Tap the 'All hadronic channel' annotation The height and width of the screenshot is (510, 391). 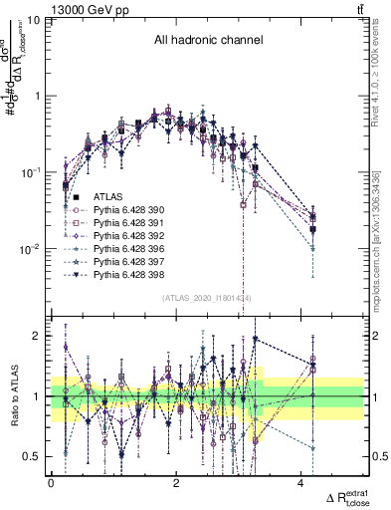point(207,41)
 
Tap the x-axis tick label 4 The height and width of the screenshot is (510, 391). point(300,482)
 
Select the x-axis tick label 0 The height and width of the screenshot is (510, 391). point(51,482)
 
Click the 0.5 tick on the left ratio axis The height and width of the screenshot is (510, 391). point(36,457)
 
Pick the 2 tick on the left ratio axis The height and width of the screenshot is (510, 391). point(41,336)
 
